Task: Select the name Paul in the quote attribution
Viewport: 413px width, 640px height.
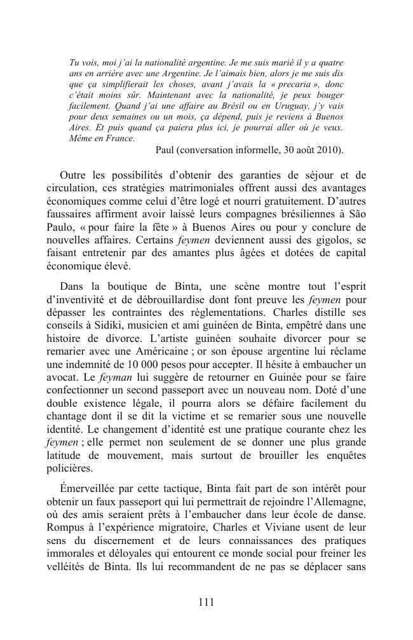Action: click(167, 151)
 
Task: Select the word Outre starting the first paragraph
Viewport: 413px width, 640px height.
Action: click(74, 175)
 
